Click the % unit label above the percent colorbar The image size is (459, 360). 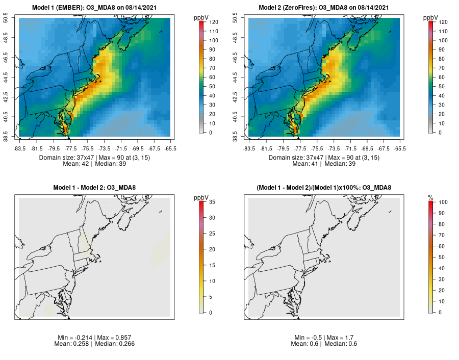(430, 197)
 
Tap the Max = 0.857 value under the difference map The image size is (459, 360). (109, 338)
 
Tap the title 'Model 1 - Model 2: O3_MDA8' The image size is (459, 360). (95, 188)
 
